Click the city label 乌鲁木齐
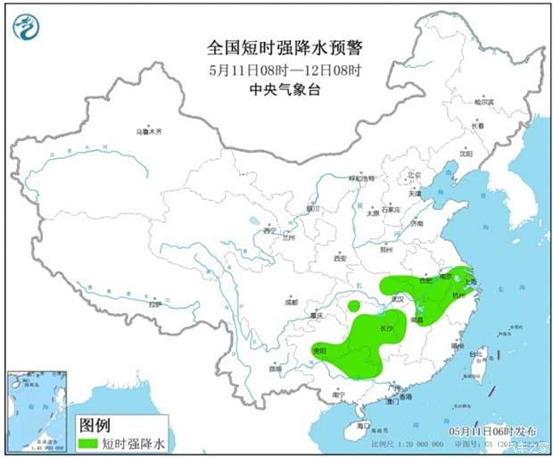150,131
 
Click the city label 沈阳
465,153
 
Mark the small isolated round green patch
354,306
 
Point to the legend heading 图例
94,425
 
